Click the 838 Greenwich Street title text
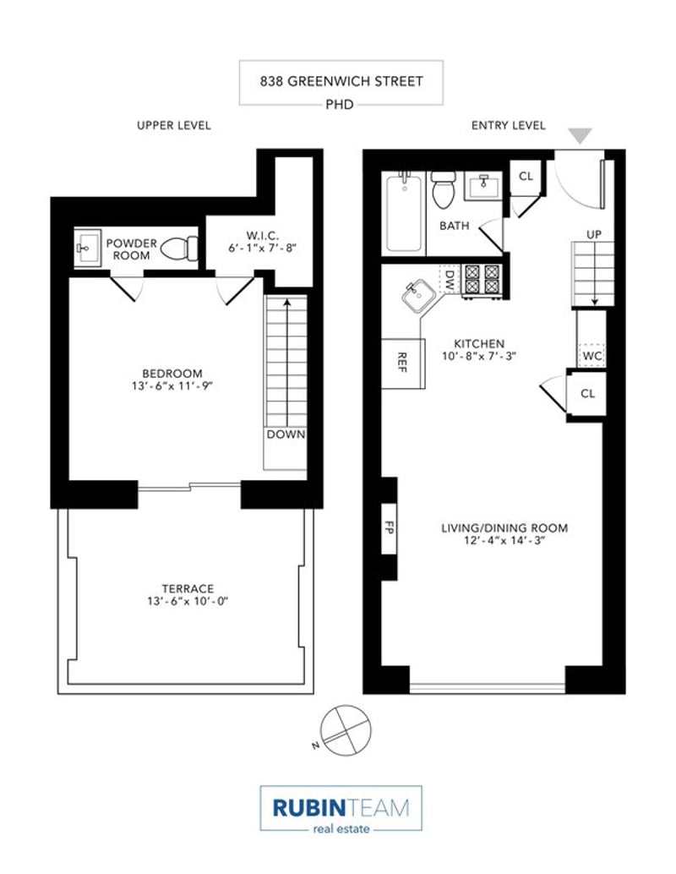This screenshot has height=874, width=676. (x=341, y=81)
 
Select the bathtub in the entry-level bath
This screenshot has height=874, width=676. (x=404, y=212)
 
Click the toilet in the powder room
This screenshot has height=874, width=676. (x=179, y=248)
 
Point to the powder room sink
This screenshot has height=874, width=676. (x=88, y=248)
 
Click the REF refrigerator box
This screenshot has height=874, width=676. (x=403, y=363)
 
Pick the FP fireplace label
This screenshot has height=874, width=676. (x=389, y=527)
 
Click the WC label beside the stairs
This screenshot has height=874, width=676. (x=591, y=356)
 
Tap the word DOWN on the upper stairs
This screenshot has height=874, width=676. (x=286, y=434)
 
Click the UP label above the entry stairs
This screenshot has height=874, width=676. (x=594, y=235)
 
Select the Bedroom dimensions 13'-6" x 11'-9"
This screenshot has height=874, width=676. (x=172, y=385)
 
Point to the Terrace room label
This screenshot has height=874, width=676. (x=188, y=588)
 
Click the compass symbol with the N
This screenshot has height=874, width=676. (x=345, y=731)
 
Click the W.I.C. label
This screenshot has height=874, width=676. (x=263, y=237)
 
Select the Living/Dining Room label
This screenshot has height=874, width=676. (x=504, y=527)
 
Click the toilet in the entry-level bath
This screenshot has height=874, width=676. (x=444, y=188)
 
